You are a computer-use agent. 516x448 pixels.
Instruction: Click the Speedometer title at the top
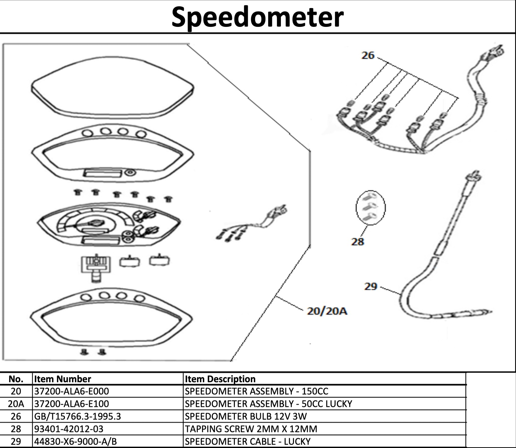pos(257,17)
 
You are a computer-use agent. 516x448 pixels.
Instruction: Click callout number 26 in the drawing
pos(368,55)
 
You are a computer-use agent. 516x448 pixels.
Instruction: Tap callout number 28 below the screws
pos(358,241)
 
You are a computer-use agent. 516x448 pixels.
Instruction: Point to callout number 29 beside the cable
pos(371,286)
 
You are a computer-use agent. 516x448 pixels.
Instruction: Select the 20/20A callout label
pos(327,311)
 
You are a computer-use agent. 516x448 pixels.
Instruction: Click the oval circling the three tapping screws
pos(370,207)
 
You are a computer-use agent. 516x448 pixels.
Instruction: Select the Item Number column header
pos(62,379)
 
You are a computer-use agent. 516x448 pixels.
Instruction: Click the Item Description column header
pos(220,379)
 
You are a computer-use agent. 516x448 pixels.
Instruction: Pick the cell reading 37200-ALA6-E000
pos(71,391)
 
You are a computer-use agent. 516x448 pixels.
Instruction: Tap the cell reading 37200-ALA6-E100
pos(71,404)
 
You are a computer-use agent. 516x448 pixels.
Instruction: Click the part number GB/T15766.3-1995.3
pos(78,416)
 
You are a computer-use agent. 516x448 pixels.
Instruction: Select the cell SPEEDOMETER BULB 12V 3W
pos(246,416)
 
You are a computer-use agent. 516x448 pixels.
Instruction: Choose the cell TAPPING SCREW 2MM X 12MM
pos(251,429)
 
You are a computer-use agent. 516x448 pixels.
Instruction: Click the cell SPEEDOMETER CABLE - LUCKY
pos(247,442)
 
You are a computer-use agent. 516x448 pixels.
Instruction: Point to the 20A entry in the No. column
pos(16,404)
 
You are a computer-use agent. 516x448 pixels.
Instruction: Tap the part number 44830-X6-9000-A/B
pos(75,442)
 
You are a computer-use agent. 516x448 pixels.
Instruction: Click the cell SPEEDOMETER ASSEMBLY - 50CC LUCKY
pos(268,404)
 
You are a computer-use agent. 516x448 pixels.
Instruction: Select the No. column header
pos(16,379)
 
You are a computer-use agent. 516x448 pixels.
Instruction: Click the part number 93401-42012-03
pos(69,429)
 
